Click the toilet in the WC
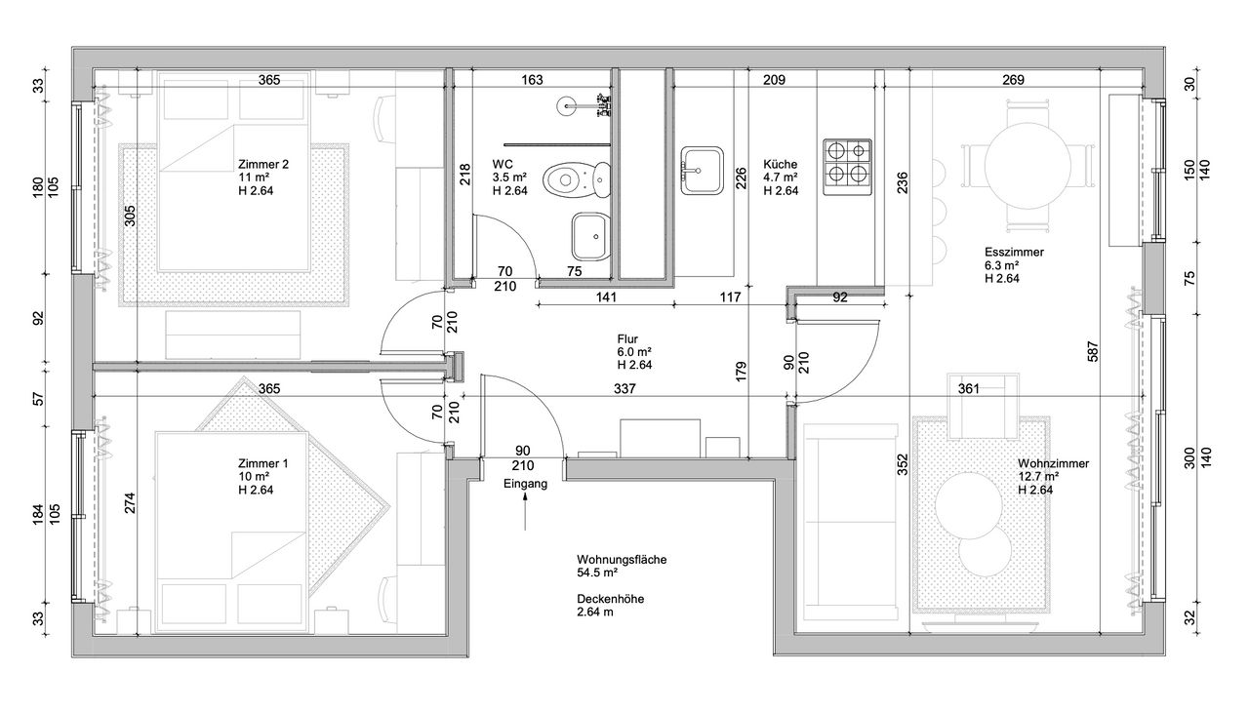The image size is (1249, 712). point(576,179)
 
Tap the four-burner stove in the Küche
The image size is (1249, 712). point(848,167)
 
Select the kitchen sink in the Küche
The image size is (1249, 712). point(702,171)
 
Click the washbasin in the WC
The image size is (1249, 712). point(589,236)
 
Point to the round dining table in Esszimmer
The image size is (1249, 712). point(1027,166)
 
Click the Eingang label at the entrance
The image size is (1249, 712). point(525,484)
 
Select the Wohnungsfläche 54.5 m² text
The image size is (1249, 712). point(622,566)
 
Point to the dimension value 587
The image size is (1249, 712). point(1093,351)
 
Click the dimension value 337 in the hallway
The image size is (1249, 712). point(624,388)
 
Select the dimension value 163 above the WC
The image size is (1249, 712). point(532,80)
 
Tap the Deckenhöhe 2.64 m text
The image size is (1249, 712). point(611,605)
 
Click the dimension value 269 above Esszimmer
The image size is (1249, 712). point(1013,80)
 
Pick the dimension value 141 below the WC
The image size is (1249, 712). point(606,297)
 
